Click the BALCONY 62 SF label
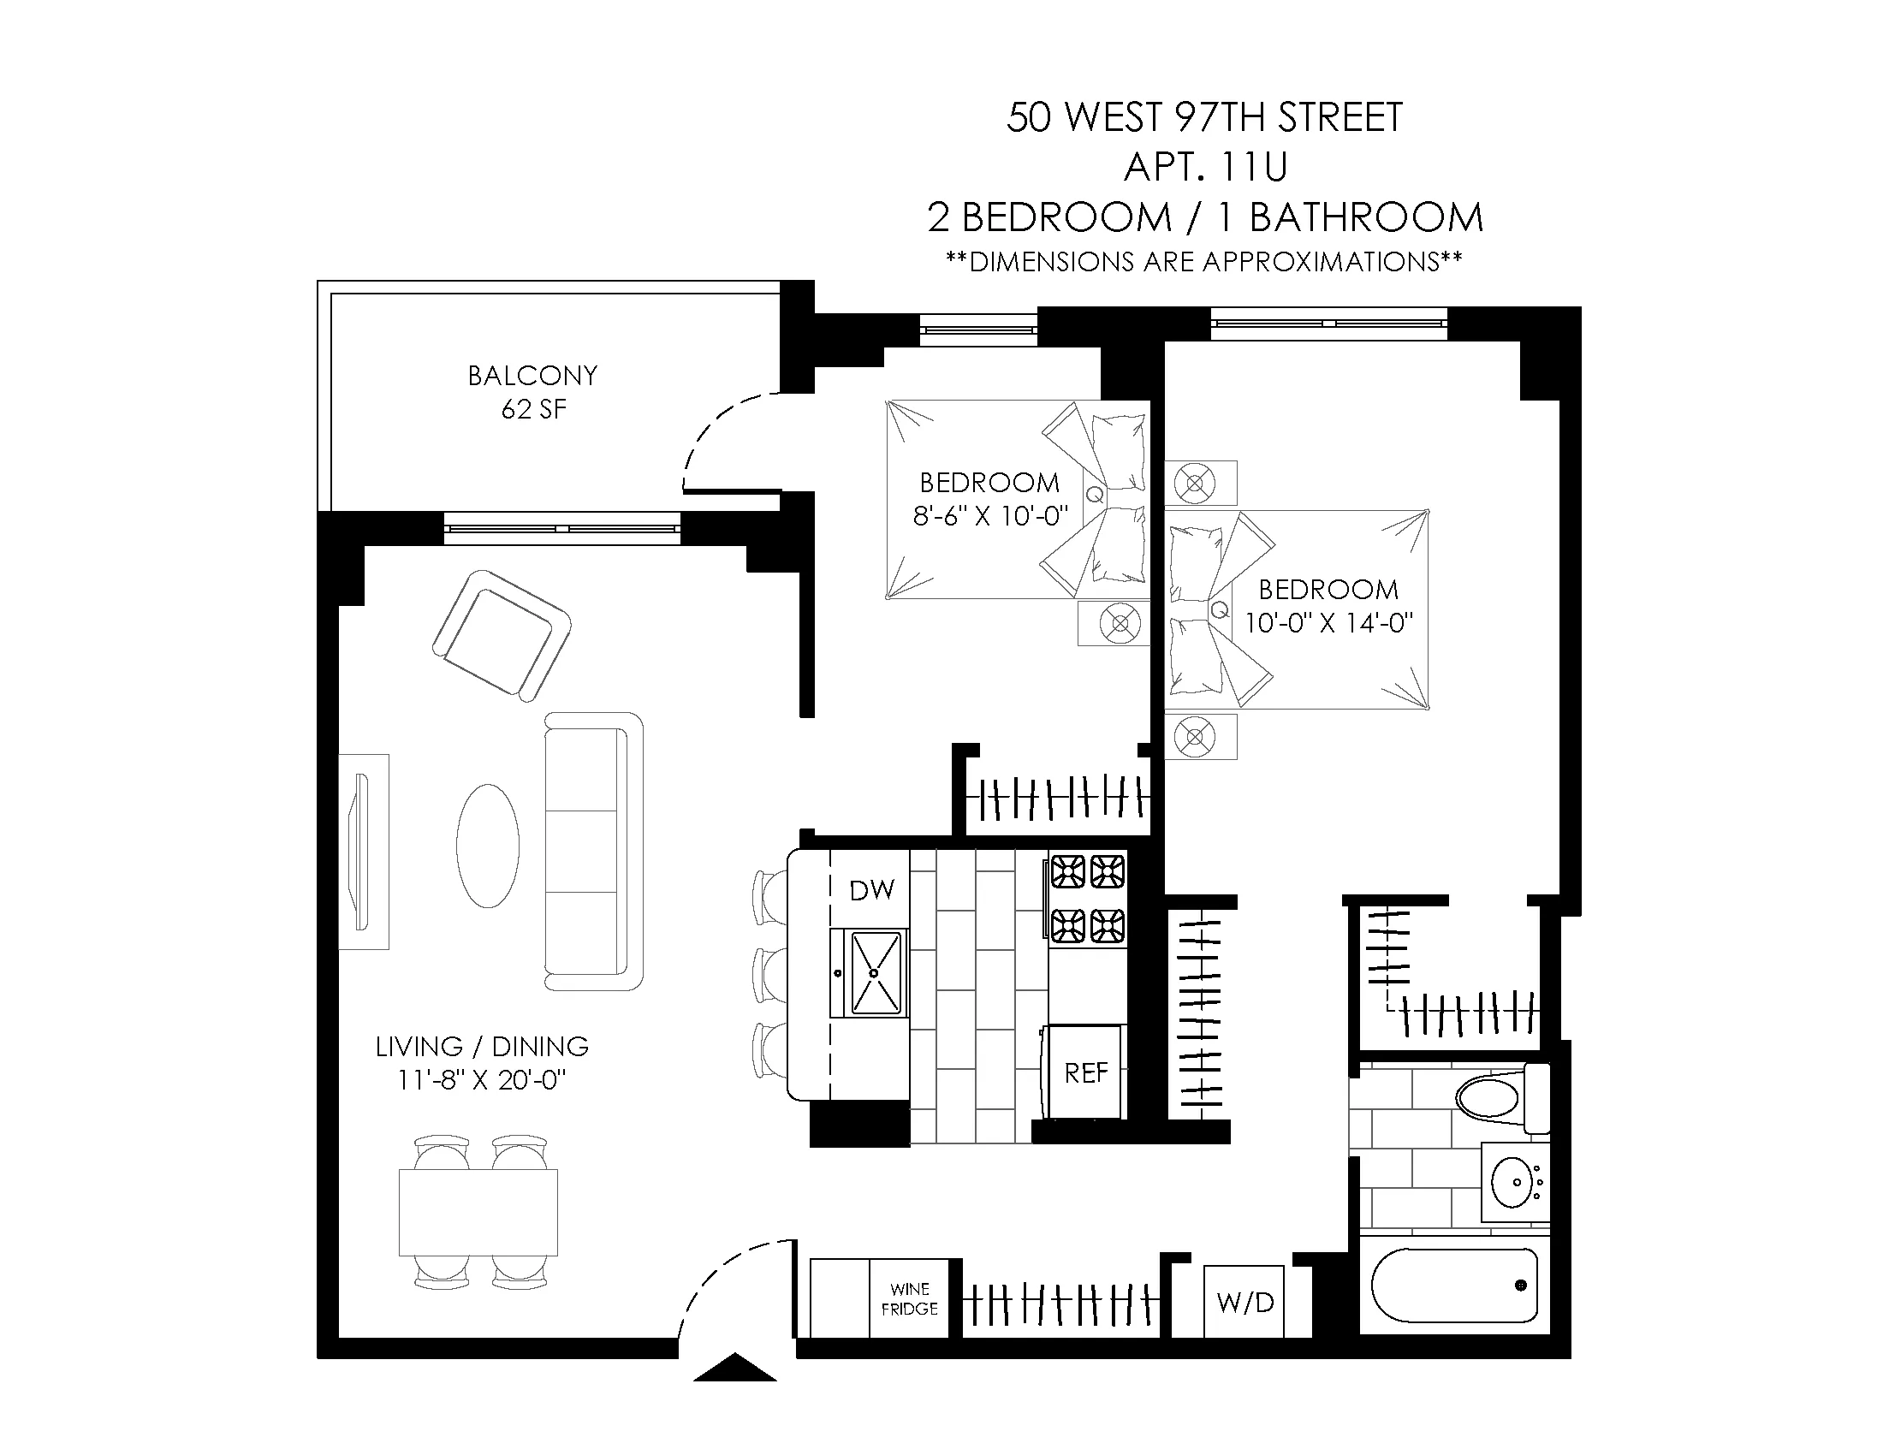[532, 392]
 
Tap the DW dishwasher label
[871, 890]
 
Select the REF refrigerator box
[1084, 1072]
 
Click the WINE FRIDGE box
[909, 1299]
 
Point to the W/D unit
[1244, 1302]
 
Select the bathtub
[1453, 1286]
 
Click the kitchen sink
[874, 973]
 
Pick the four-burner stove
[1086, 899]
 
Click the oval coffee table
[488, 846]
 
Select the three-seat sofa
[593, 851]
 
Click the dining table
[478, 1211]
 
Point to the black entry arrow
[734, 1368]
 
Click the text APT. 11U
[1204, 166]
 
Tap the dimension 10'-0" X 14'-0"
[1328, 622]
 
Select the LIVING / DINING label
[482, 1047]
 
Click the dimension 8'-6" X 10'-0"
[989, 515]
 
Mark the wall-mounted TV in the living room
[361, 851]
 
